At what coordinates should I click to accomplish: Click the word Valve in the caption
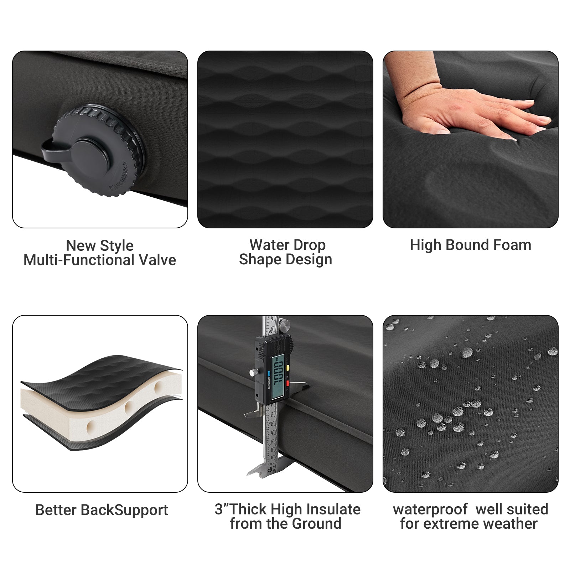click(157, 260)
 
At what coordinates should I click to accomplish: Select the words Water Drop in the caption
click(287, 245)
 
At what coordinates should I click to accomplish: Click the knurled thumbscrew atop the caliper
click(284, 325)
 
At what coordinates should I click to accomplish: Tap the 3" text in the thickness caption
click(221, 509)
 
